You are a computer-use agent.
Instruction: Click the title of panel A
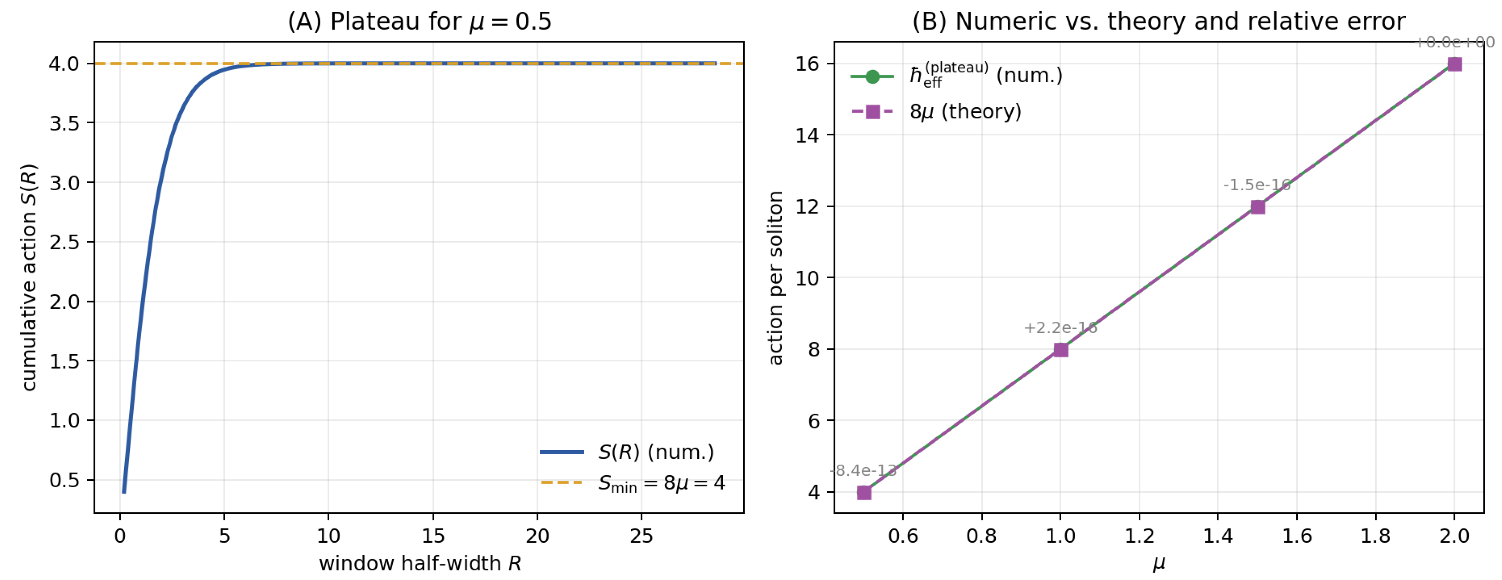(419, 22)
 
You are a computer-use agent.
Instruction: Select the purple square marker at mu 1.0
(1061, 350)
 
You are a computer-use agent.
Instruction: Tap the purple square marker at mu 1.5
(1258, 207)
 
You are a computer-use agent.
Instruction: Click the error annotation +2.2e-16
(1060, 328)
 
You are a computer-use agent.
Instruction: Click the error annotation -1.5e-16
(1256, 185)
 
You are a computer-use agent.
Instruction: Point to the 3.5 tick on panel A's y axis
(64, 123)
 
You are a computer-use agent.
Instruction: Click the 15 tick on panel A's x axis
(433, 536)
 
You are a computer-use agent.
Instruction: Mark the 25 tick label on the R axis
(641, 536)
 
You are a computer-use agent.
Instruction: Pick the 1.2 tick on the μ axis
(1139, 536)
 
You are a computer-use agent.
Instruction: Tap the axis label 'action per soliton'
(775, 278)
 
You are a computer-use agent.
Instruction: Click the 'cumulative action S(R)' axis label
(29, 277)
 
